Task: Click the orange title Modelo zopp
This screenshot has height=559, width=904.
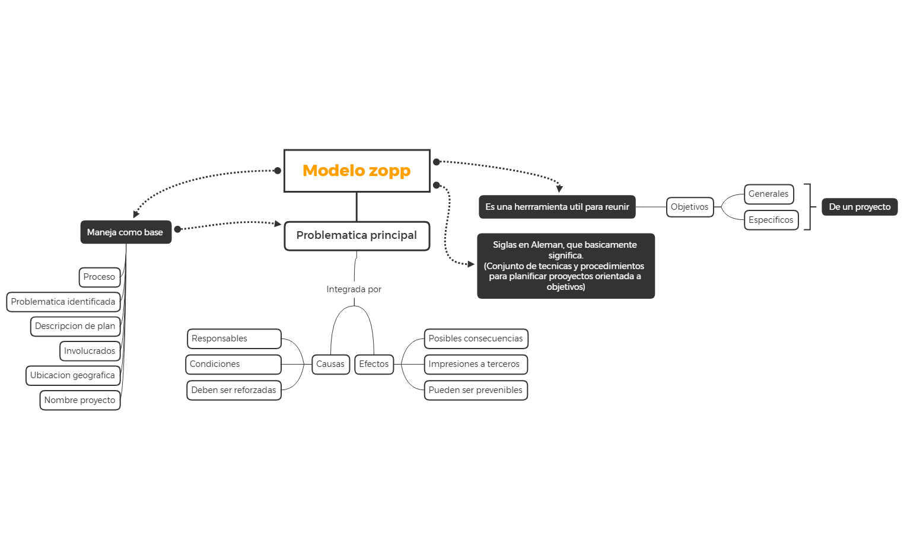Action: click(x=356, y=171)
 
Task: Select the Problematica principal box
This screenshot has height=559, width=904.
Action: click(x=356, y=235)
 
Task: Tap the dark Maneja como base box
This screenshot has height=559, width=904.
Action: click(x=125, y=232)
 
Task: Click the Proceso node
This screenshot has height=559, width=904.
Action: click(x=99, y=277)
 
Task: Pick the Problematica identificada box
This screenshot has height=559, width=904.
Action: click(x=63, y=302)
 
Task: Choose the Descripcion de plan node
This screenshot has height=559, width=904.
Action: click(x=75, y=326)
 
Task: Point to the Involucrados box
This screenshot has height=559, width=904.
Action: click(x=90, y=351)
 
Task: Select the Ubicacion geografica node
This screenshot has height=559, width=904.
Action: click(x=72, y=375)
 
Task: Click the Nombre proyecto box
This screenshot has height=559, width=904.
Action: click(x=79, y=400)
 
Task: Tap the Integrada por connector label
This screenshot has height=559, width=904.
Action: click(x=354, y=289)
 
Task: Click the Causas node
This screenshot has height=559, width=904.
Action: click(x=330, y=364)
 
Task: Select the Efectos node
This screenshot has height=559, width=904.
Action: click(x=374, y=364)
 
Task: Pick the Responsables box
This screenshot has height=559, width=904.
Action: click(x=234, y=338)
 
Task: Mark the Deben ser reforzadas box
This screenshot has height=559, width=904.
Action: click(x=234, y=390)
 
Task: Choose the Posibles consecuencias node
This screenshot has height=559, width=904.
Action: click(x=476, y=338)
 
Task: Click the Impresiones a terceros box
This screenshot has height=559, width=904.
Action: click(x=475, y=364)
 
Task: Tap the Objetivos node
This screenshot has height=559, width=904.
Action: click(x=689, y=207)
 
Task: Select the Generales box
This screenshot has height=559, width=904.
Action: click(x=768, y=194)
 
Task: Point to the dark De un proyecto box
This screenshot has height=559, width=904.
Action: click(x=860, y=207)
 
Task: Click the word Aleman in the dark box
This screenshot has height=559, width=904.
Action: click(x=545, y=245)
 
